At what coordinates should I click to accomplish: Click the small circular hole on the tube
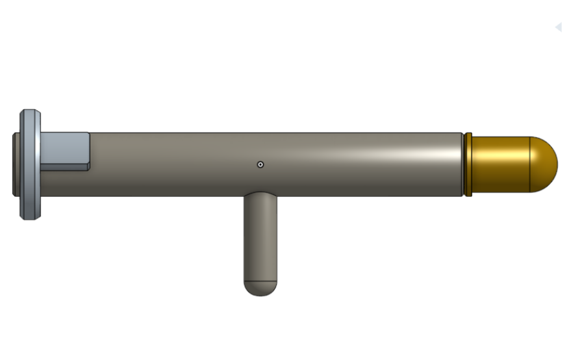260,164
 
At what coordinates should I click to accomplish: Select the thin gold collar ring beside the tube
468,164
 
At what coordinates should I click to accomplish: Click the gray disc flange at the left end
30,164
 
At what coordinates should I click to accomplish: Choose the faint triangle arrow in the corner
558,27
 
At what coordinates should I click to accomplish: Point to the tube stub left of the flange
16,164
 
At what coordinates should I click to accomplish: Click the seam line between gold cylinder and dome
530,164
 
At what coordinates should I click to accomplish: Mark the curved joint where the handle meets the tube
260,194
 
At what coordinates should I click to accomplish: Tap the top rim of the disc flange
30,112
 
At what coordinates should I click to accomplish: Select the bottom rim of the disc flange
30,217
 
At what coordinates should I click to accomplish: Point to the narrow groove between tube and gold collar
463,164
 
